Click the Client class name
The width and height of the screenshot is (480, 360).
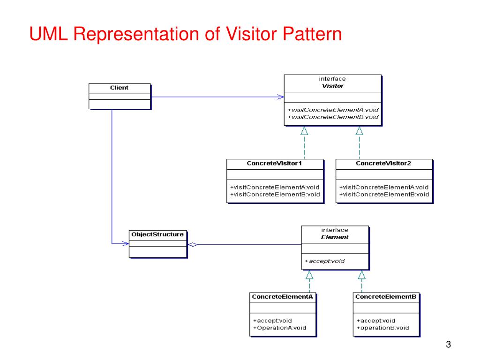click(x=119, y=88)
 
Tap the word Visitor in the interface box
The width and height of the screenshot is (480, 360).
click(x=332, y=86)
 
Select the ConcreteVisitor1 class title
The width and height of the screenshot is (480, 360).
click(x=274, y=164)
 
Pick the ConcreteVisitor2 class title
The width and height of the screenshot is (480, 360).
click(x=383, y=164)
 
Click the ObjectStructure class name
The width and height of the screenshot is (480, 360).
click(x=157, y=234)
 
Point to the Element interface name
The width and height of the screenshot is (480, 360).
click(x=335, y=237)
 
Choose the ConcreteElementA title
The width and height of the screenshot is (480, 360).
click(x=282, y=297)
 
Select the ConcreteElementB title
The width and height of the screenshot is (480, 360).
click(x=386, y=297)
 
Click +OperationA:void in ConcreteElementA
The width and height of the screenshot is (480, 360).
click(x=279, y=328)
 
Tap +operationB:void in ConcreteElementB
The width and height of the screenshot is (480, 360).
click(x=382, y=328)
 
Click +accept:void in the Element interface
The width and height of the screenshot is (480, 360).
click(x=324, y=261)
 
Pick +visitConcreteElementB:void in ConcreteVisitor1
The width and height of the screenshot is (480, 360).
click(x=275, y=194)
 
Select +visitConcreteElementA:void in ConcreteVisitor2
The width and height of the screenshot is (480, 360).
click(x=384, y=187)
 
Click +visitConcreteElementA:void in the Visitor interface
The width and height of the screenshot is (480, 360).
click(x=333, y=110)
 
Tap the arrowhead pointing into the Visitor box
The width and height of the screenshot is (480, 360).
click(x=280, y=97)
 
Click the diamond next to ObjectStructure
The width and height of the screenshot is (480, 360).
click(x=192, y=244)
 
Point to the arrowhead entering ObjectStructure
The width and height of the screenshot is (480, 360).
click(x=125, y=244)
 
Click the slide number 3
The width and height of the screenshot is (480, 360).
click(x=448, y=345)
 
